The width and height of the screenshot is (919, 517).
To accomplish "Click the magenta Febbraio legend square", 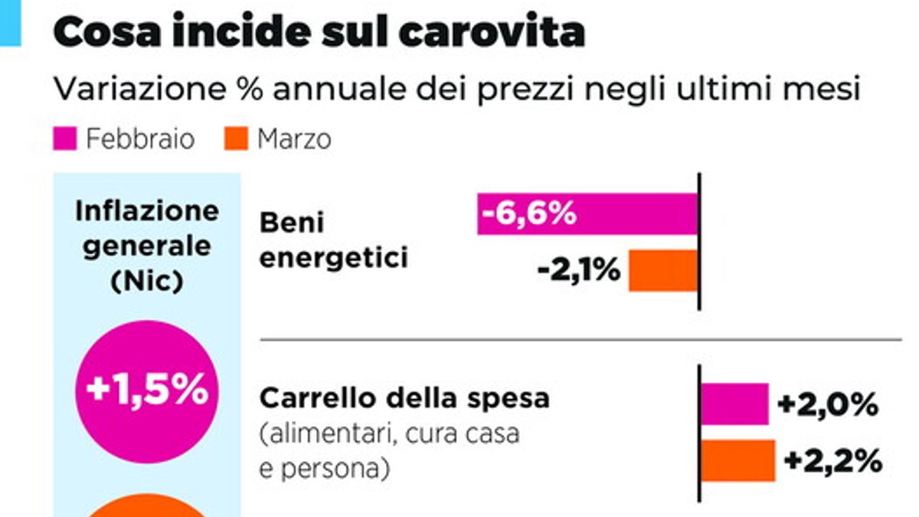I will coord(64,139).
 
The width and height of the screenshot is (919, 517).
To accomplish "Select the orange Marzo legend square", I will coord(236,139).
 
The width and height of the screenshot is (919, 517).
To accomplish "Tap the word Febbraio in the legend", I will coord(140,139).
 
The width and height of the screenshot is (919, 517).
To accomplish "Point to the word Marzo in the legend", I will coord(294,139).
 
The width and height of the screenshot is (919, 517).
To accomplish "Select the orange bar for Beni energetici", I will coord(663,270).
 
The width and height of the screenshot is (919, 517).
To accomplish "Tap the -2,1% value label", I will coord(579,270).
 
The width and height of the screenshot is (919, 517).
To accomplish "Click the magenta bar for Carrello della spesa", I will coord(734,404).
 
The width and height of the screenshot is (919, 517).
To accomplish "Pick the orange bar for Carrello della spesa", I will coord(737,460).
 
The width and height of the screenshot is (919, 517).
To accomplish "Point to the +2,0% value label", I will coord(827,405).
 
